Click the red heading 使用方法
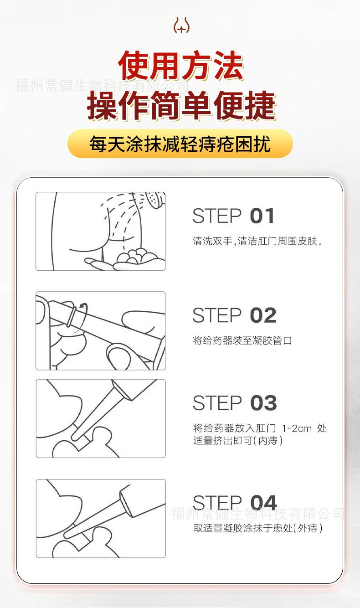pos(181,66)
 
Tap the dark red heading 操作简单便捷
pos(181,105)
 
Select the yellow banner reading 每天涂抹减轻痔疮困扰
pos(180,144)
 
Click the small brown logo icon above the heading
pos(181,25)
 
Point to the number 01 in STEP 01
pos(262,216)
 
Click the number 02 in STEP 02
pos(263,315)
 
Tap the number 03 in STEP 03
pos(263,403)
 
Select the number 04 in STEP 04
pos(263,502)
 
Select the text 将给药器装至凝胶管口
pos(242,340)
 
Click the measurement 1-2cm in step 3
pos(297,428)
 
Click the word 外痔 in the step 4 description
pos(308,528)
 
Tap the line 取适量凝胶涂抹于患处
pos(243,528)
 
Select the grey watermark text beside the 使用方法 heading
pos(102,85)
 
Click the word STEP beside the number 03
pos(217,403)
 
